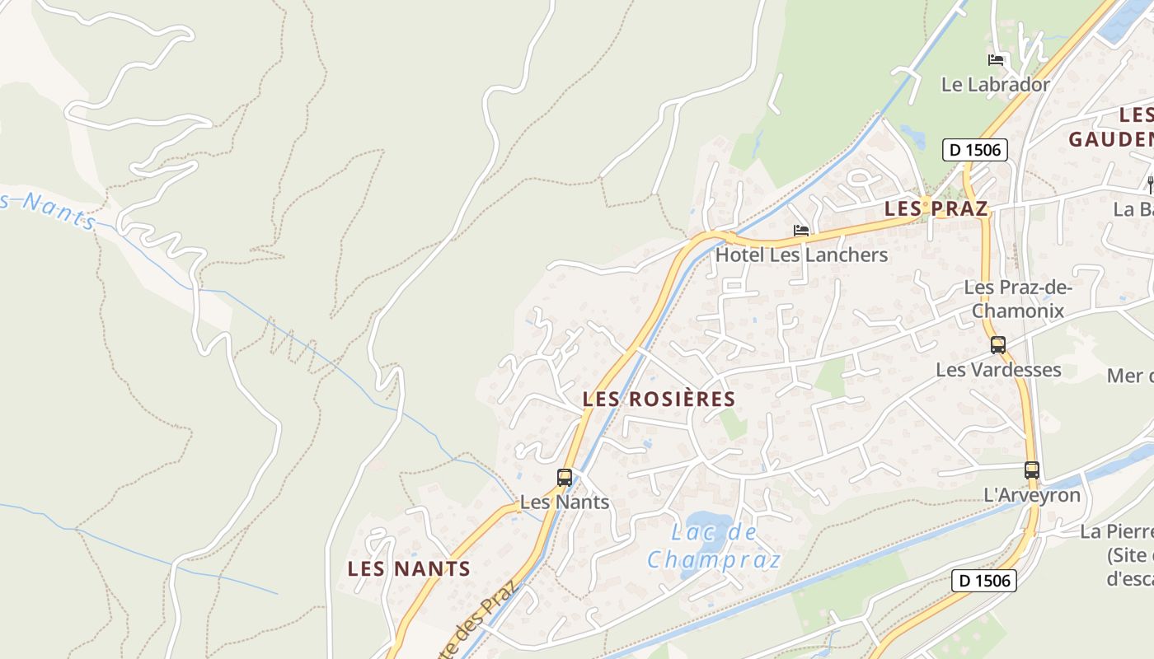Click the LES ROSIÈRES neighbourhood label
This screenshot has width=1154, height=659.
[x=659, y=400]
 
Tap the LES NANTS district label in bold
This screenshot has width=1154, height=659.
[x=409, y=568]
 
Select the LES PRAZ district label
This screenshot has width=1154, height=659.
[x=936, y=208]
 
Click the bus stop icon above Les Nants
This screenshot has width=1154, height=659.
[x=565, y=477]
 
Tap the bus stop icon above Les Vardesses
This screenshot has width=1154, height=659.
[x=998, y=345]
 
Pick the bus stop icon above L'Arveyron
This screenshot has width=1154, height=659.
[x=1032, y=470]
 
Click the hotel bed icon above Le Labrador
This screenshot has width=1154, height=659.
[x=996, y=60]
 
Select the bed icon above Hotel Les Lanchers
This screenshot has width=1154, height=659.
[x=801, y=231]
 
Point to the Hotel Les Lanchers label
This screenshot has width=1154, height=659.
[x=801, y=255]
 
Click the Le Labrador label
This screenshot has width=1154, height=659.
[x=996, y=85]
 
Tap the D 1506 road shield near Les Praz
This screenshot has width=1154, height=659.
[x=975, y=150]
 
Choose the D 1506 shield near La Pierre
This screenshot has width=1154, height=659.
[x=985, y=580]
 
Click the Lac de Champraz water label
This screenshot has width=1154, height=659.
[x=714, y=546]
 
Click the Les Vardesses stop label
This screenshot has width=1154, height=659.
[x=998, y=370]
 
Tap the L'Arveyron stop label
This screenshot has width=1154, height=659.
[x=1032, y=495]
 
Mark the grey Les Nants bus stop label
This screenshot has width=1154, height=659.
[x=565, y=502]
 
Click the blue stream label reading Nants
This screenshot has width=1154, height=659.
[x=54, y=211]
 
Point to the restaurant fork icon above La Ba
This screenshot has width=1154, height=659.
[x=1150, y=184]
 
